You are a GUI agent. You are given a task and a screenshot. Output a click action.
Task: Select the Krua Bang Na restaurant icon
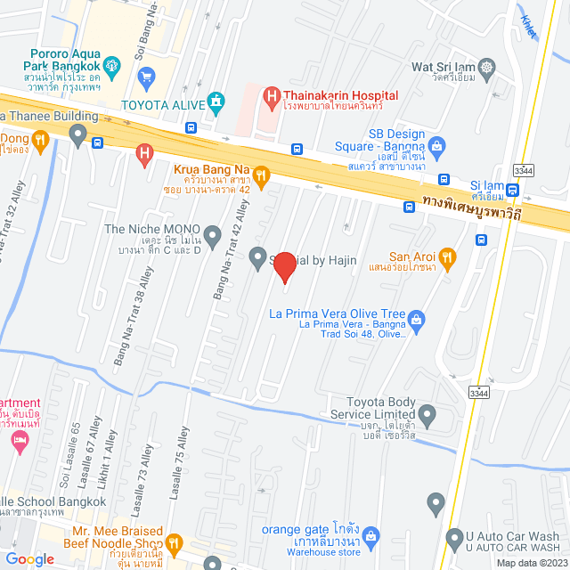coord(261,175)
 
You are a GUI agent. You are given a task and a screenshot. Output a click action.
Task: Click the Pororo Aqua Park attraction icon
coord(111,64)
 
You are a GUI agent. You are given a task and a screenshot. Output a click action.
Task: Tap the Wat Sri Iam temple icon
coord(486,66)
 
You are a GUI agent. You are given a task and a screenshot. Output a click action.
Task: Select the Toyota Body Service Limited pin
coord(427,414)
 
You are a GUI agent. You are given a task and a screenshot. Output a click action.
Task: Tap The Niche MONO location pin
coord(212,236)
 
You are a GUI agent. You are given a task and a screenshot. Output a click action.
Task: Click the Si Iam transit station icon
coord(512,188)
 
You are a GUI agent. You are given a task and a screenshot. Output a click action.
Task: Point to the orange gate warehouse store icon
coord(372,535)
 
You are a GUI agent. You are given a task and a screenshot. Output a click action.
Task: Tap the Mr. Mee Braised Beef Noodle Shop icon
coord(175,541)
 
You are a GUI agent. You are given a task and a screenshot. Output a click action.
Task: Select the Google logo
coord(30,558)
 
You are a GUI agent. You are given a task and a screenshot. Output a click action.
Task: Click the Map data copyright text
coord(532,562)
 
